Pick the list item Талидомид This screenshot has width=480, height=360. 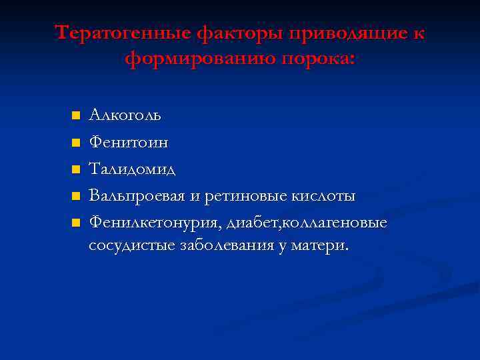133,169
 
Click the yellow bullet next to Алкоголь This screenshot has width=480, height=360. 76,116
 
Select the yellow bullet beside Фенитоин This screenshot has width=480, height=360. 76,143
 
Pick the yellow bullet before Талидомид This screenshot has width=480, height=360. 76,169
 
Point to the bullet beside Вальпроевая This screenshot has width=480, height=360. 76,196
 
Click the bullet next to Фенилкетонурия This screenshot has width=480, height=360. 76,222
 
